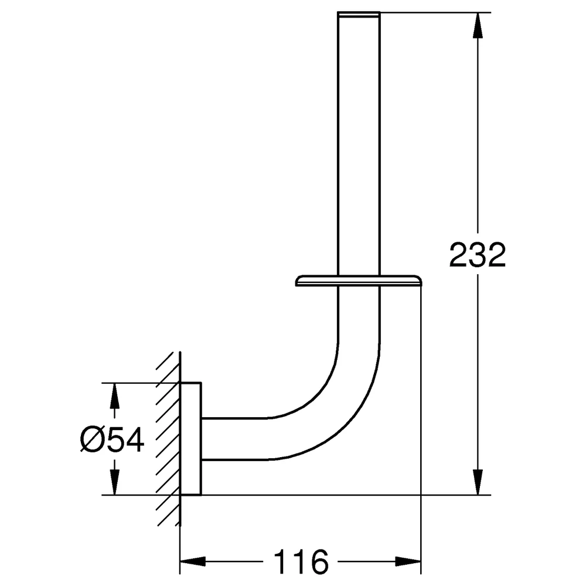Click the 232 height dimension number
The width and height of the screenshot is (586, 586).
coord(477,255)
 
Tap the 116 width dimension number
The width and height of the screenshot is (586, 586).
coord(301,561)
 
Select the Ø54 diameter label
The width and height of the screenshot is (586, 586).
coord(112,440)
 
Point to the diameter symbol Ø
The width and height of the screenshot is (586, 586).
coord(91,440)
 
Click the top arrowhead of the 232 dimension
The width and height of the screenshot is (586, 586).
coord(477,25)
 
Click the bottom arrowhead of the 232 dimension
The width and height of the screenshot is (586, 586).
coord(477,482)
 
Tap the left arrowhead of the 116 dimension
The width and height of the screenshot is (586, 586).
coord(193,561)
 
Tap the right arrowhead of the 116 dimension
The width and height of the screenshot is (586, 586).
coord(408,561)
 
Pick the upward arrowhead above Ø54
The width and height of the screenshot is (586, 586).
coord(114,396)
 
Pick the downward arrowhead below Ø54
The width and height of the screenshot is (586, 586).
coord(114,482)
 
